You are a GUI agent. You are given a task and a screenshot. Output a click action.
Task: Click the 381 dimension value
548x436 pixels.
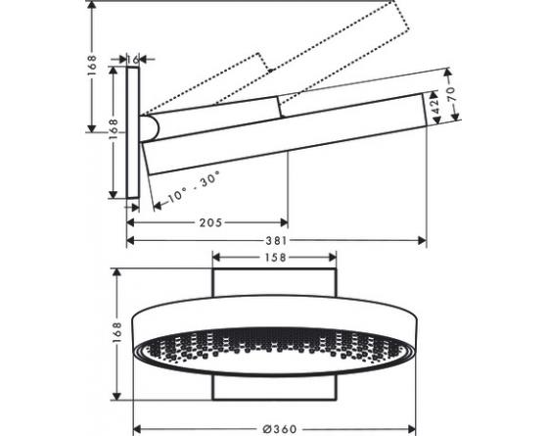coord(276,241)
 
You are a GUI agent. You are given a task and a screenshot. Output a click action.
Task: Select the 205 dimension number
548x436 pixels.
coord(210,222)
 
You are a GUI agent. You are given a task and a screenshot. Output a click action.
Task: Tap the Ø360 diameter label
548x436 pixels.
coord(280,429)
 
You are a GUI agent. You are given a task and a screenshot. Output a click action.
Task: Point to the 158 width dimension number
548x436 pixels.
coord(275,258)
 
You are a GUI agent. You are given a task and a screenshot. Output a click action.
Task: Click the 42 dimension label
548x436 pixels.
coord(434,107)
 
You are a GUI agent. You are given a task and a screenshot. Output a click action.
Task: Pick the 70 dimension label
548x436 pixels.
coord(451,94)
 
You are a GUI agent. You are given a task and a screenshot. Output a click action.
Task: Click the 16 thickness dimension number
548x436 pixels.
coord(133,60)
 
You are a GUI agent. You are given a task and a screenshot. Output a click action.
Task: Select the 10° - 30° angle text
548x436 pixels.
coord(193,187)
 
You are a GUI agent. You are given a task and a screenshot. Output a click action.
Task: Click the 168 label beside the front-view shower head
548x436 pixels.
coord(116,332)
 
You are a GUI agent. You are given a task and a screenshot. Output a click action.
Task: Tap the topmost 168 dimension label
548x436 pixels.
coord(91,66)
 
